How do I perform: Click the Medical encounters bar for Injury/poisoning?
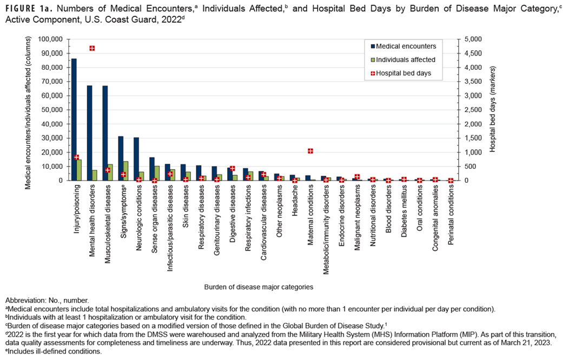tap(74, 119)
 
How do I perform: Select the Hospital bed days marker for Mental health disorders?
tap(93, 48)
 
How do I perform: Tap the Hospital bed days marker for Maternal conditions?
tap(311, 151)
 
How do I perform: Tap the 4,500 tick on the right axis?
tap(470, 54)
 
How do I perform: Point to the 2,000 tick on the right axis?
tap(470, 124)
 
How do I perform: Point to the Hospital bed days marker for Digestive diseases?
tap(233, 169)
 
